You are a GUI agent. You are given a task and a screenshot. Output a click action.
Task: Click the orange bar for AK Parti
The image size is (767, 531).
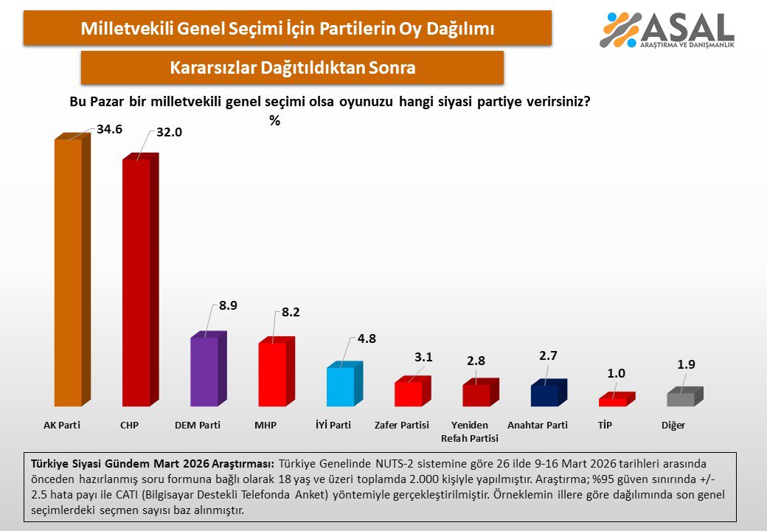tap(69, 273)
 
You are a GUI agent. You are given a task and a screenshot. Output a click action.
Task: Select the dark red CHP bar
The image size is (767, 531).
tap(136, 284)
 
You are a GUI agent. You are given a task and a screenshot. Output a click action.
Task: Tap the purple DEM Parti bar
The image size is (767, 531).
tap(204, 372)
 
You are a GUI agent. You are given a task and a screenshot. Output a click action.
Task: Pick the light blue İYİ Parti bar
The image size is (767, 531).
tap(340, 386)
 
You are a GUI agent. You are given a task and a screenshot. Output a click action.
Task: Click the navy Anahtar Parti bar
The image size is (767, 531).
tap(544, 395)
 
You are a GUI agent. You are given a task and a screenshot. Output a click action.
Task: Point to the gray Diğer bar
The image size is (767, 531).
tap(681, 399)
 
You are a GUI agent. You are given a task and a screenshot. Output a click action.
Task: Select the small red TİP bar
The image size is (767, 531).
tap(612, 402)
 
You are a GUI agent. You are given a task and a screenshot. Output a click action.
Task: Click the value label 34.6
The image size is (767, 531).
tap(109, 130)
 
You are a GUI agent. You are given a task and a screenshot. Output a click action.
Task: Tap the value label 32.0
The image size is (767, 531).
tap(169, 133)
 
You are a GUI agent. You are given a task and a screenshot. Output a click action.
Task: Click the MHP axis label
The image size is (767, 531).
tap(265, 426)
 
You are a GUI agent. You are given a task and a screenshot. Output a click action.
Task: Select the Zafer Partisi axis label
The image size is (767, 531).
tap(402, 426)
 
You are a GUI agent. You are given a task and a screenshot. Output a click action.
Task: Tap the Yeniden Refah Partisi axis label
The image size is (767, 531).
tap(470, 431)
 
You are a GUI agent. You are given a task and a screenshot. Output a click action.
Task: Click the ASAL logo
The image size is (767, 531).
tap(668, 30)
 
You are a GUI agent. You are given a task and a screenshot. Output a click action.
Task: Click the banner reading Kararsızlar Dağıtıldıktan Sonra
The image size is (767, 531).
tap(292, 68)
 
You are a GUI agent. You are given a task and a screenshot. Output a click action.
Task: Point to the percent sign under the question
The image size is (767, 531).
tap(274, 121)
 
